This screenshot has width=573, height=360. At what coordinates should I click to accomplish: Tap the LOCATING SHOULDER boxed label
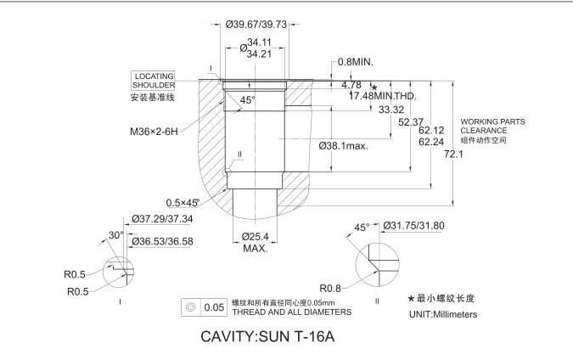[x=154, y=82]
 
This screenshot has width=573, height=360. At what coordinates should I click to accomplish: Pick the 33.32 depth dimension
[x=391, y=110]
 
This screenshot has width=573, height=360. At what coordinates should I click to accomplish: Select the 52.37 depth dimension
[x=412, y=122]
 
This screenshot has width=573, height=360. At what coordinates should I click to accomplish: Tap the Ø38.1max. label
[x=344, y=146]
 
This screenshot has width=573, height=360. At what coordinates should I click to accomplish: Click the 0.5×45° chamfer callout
[x=186, y=202]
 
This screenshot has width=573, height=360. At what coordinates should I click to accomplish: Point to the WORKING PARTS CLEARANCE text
[x=492, y=127]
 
